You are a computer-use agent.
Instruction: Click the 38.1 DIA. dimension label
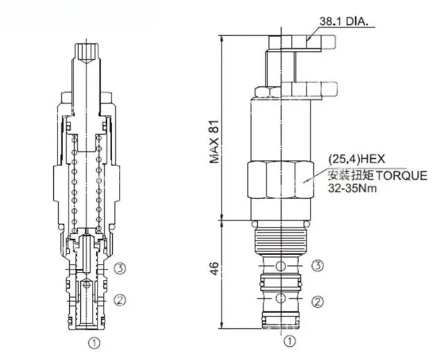[x=343, y=21]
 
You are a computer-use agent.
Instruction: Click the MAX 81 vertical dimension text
[x=215, y=142]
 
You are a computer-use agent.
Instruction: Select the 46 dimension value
[x=214, y=269]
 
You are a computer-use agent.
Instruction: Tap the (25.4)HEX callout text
[x=356, y=159]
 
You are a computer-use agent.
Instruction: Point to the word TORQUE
[x=401, y=176]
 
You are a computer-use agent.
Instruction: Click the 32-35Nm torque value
[x=353, y=188]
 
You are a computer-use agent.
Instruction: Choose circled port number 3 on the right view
[x=318, y=265]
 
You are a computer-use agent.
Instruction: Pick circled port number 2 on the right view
[x=318, y=302]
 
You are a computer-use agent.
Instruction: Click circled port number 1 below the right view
[x=290, y=341]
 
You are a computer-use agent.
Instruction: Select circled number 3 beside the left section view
[x=120, y=269]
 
